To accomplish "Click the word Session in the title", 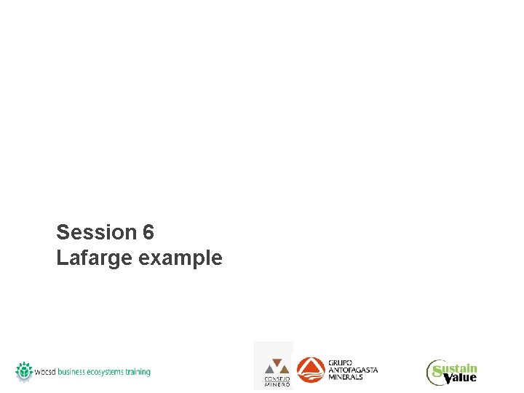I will (x=97, y=232).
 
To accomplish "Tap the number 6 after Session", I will (x=148, y=232).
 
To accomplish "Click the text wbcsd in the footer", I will (x=46, y=372).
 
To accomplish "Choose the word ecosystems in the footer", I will (x=105, y=372).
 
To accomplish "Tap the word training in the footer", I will (x=138, y=372).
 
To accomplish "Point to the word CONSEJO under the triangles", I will (x=277, y=379).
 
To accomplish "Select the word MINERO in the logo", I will (x=277, y=384).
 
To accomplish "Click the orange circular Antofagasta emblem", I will (x=311, y=370).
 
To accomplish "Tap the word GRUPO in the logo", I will (x=338, y=362).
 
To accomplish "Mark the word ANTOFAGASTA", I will (x=354, y=370).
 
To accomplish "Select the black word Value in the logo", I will (x=458, y=378).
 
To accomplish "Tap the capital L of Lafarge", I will (x=61, y=258).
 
